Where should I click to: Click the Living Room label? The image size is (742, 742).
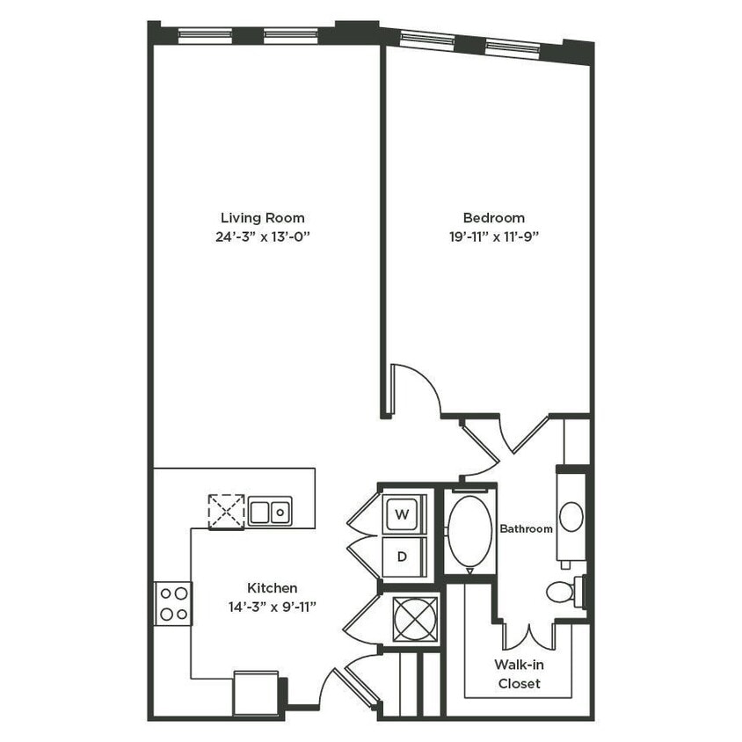tap(262, 217)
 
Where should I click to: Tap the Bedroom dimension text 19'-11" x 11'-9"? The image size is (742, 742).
tap(493, 236)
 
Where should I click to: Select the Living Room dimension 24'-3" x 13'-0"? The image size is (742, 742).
tap(262, 236)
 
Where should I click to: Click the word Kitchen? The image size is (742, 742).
tap(272, 587)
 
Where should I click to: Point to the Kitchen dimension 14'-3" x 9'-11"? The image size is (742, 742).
tap(272, 606)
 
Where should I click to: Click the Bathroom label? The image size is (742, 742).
tap(526, 528)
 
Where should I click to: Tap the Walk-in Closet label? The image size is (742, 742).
tap(519, 675)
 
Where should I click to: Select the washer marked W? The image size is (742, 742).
tap(403, 513)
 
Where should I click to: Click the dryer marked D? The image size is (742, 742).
tap(403, 556)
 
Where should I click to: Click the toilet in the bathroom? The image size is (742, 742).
tap(563, 591)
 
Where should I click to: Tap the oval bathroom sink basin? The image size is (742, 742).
tap(571, 515)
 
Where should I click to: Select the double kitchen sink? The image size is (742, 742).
tap(270, 511)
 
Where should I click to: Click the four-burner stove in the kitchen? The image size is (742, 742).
tap(173, 604)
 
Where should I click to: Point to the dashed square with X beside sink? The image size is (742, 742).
tap(226, 511)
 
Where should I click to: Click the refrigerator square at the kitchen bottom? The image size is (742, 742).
tap(256, 695)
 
